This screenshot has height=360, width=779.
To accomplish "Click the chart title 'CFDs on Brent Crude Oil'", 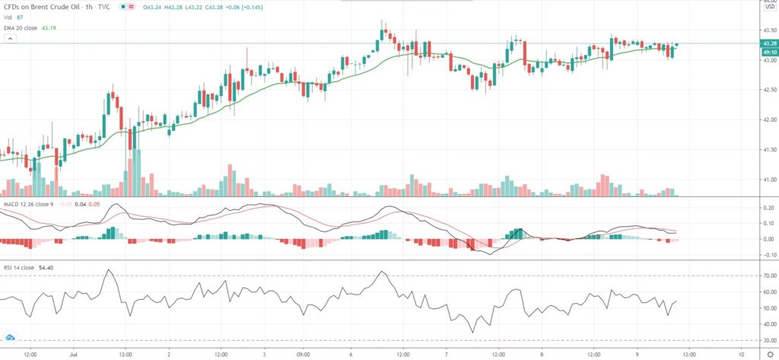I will (46, 7).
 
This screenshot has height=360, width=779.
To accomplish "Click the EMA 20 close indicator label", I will (24, 27).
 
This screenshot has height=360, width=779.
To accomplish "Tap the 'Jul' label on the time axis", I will (74, 354).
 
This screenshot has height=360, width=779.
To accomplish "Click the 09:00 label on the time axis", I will (303, 354).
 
